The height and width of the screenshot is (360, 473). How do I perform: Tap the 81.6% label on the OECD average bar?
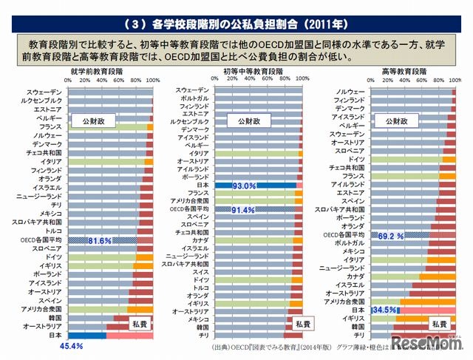tap(100, 240)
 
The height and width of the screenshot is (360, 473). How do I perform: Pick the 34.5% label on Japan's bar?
tap(384, 310)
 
